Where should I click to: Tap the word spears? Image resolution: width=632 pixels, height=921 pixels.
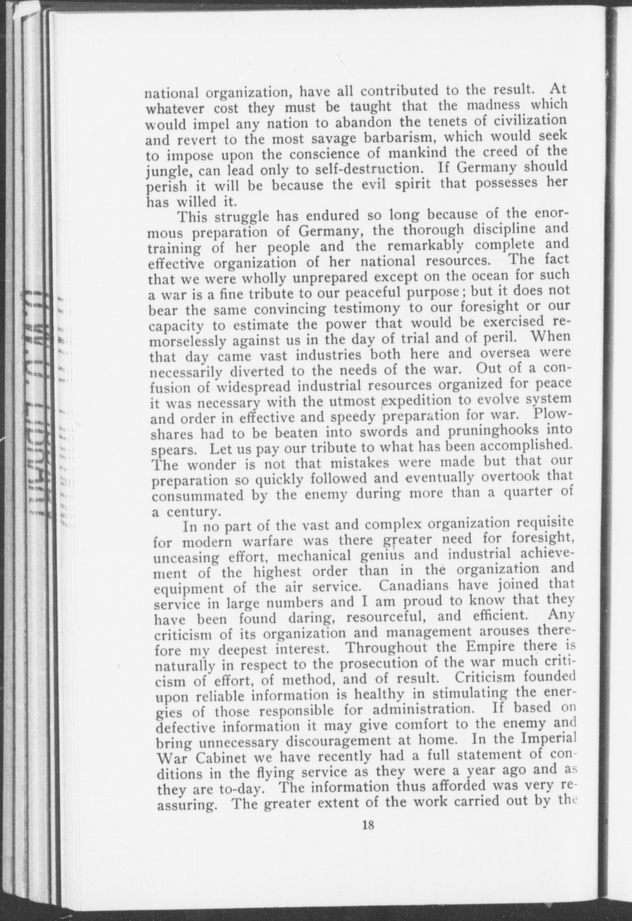pyautogui.click(x=173, y=450)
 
